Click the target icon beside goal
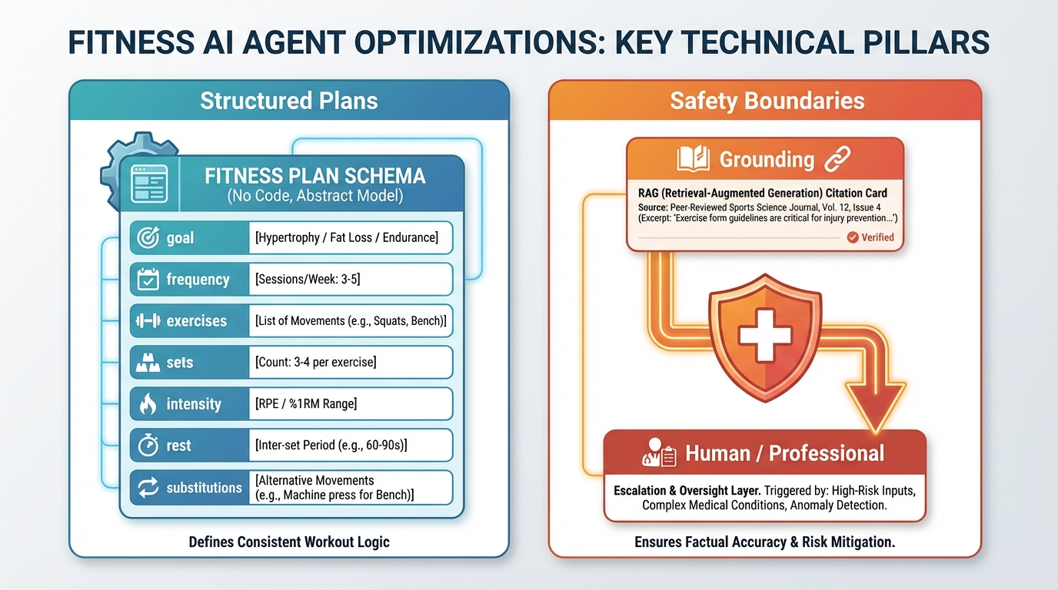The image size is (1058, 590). (148, 238)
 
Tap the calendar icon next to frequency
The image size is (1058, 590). (148, 280)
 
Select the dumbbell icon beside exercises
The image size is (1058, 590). (148, 321)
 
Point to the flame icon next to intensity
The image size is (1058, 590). (148, 404)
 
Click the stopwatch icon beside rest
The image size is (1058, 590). (148, 446)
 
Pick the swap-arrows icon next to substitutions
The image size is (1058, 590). (148, 487)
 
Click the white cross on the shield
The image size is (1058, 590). (760, 334)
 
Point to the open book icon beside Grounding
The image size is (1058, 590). (694, 160)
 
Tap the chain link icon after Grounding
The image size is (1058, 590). (837, 160)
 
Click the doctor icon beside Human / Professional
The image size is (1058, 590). (657, 454)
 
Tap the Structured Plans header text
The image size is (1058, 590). (288, 101)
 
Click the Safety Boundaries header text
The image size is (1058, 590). (767, 101)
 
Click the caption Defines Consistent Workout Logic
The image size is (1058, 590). (289, 542)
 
